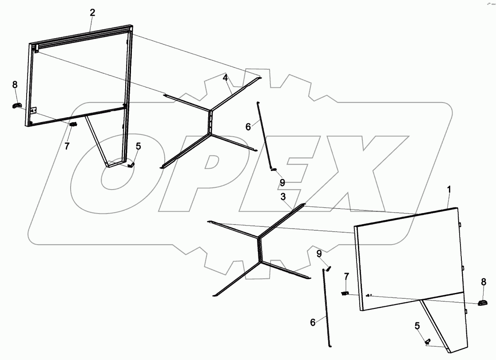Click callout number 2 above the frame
coord(92,12)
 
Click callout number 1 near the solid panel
coord(449,189)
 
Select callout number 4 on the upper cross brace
coord(226,78)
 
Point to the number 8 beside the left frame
coord(15,84)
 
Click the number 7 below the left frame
coord(67,146)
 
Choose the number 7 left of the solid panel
coord(347,277)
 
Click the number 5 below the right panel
coord(417,326)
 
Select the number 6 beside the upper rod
coord(248,127)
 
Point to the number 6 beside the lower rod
coord(313,322)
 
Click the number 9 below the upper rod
coord(282,182)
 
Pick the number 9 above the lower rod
coord(318,253)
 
